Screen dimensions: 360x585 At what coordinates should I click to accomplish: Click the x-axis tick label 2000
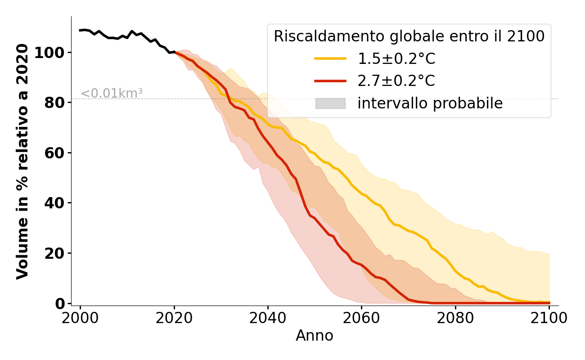tap(81, 318)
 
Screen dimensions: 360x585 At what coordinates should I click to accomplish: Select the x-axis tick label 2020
tap(174, 318)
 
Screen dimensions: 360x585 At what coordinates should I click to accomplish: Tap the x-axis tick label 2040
tap(268, 318)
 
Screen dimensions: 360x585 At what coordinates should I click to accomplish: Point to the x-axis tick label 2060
tap(361, 318)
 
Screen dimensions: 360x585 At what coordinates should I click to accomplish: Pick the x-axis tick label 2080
tap(455, 318)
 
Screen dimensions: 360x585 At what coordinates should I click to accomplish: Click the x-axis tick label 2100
tap(549, 318)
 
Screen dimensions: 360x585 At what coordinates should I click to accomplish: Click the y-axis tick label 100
tap(49, 53)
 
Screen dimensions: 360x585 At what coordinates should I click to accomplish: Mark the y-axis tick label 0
tap(60, 304)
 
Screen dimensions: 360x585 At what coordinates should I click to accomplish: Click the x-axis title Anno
tap(315, 336)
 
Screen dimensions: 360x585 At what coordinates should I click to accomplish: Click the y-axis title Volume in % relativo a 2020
tap(22, 161)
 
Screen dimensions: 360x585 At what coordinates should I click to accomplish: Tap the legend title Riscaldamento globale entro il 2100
tap(409, 36)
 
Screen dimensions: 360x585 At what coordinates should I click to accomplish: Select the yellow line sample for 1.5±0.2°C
tap(330, 58)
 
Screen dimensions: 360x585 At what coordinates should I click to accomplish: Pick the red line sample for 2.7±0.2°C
tap(330, 81)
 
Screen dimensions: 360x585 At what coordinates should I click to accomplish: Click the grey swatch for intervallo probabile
tap(330, 103)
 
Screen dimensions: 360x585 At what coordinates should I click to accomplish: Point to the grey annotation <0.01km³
tap(112, 94)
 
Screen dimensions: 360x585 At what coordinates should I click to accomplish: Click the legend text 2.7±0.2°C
tap(396, 81)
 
